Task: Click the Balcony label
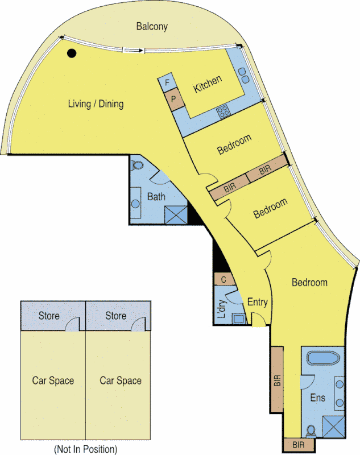[x=152, y=26]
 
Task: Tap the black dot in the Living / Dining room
[x=72, y=53]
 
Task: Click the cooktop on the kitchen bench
[x=224, y=111]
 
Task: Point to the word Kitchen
[x=208, y=84]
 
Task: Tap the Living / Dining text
[x=96, y=104]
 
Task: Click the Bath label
[x=156, y=197]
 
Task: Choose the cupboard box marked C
[x=224, y=279]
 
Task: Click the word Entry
[x=258, y=302]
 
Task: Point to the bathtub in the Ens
[x=323, y=359]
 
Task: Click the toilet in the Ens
[x=311, y=430]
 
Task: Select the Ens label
[x=318, y=398]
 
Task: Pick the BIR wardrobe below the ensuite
[x=297, y=444]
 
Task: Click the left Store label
[x=49, y=316]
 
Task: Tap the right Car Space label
[x=121, y=380]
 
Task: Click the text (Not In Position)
[x=85, y=449]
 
